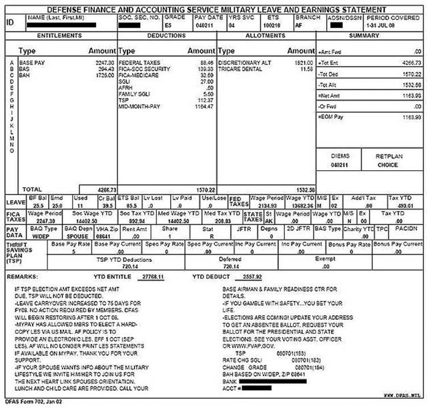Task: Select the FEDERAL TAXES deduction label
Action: tap(139, 63)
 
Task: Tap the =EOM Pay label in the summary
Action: tap(330, 116)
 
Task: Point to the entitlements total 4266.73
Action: tap(105, 190)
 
